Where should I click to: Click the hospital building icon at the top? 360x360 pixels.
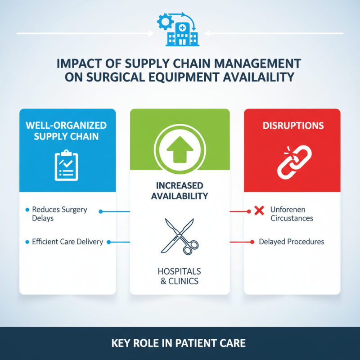click(x=182, y=32)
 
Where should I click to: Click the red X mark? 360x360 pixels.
click(x=259, y=210)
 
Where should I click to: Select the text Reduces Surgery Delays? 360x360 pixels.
click(x=59, y=214)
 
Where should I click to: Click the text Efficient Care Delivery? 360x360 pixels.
click(x=67, y=242)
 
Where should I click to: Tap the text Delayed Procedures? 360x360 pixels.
click(x=292, y=242)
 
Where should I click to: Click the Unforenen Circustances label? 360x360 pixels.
click(x=292, y=214)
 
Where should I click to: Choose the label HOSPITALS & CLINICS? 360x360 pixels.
click(x=179, y=277)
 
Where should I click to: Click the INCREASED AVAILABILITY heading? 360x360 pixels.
click(x=180, y=191)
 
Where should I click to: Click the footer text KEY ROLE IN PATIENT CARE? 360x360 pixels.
click(x=179, y=344)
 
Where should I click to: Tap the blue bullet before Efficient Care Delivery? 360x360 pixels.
click(x=27, y=242)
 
